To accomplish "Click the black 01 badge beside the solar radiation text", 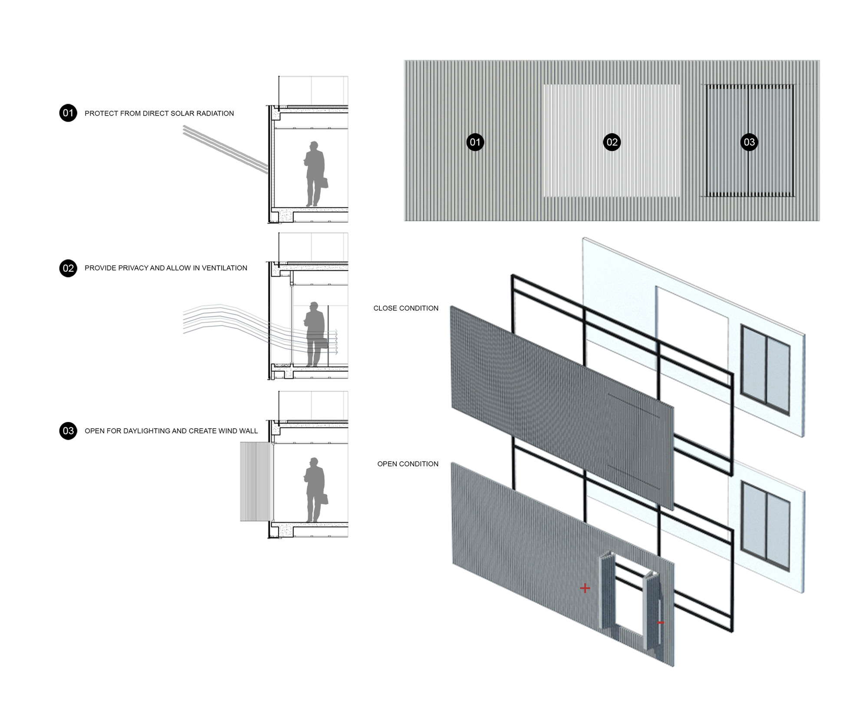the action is (68, 113).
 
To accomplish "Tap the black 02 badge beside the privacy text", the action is (68, 268).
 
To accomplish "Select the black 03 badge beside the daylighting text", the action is (68, 431).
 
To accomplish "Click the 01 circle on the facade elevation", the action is (475, 142).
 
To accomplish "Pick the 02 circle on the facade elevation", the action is (612, 142).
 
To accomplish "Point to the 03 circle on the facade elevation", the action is (749, 142).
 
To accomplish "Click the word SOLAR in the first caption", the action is (175, 113).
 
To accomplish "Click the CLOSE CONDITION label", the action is (406, 308).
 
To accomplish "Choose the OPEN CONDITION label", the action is (408, 464).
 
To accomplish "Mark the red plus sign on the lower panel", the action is (585, 588).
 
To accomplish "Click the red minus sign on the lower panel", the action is (660, 623).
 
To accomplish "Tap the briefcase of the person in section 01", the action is (324, 182).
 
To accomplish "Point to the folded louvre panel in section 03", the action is (256, 482).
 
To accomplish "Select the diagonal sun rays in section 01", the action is (226, 150).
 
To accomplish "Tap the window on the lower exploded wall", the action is (765, 526).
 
